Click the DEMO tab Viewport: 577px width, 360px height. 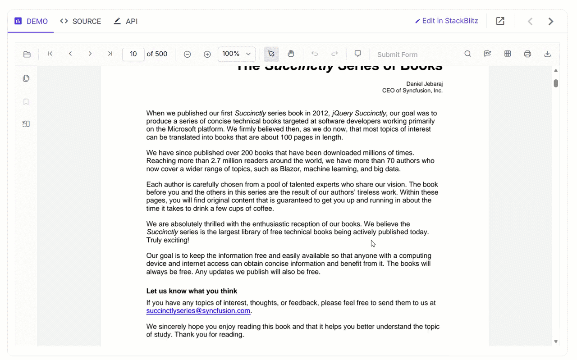(x=31, y=21)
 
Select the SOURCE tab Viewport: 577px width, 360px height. (x=81, y=21)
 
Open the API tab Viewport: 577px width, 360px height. (x=126, y=21)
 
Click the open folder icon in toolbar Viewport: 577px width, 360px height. (x=27, y=54)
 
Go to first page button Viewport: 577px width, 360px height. (x=50, y=54)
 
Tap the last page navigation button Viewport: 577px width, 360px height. (x=110, y=54)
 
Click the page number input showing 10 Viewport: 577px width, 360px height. (x=133, y=54)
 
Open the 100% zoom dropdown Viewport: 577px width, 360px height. (x=237, y=54)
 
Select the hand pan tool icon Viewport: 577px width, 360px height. (x=291, y=54)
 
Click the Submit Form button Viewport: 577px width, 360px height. (x=397, y=55)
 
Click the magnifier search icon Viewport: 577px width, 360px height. (x=468, y=54)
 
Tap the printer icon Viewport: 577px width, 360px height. (x=527, y=54)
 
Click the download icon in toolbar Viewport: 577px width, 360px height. (x=547, y=54)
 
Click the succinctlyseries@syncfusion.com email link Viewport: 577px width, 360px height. (x=198, y=311)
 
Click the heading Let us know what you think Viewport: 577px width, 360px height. (x=192, y=291)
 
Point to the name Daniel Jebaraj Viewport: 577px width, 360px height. (x=424, y=84)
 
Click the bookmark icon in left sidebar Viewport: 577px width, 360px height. (x=26, y=102)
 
